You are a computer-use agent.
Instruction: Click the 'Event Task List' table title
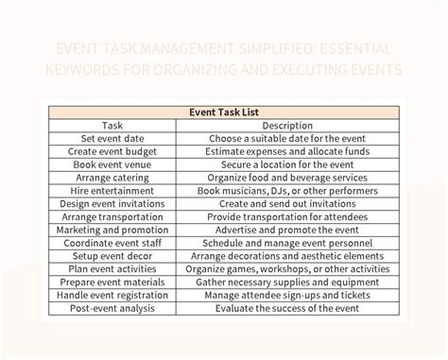pyautogui.click(x=224, y=111)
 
